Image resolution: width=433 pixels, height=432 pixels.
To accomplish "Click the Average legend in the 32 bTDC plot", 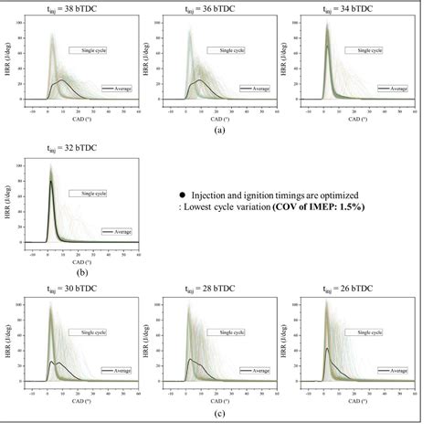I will (x=119, y=232).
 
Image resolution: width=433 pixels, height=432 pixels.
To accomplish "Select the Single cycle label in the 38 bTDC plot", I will (x=88, y=49).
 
